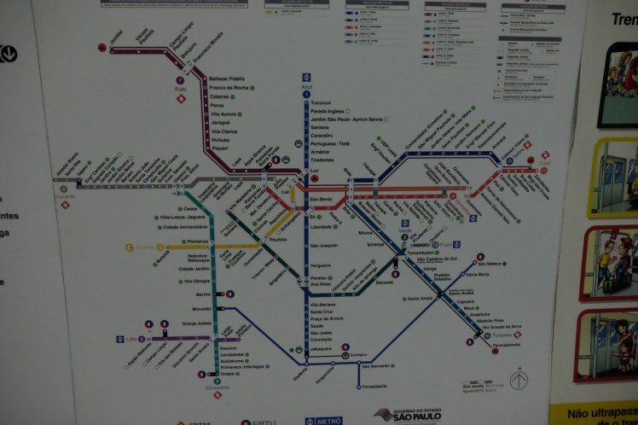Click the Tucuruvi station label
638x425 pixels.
click(x=321, y=102)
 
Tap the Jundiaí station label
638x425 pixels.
click(x=116, y=35)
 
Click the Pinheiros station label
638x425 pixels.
click(x=199, y=242)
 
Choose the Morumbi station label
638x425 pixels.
click(x=201, y=308)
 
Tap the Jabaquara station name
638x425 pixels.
click(x=320, y=348)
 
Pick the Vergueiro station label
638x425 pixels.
click(x=321, y=265)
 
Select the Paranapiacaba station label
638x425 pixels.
click(x=506, y=346)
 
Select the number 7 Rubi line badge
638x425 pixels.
click(x=180, y=81)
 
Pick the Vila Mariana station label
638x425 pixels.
click(x=323, y=305)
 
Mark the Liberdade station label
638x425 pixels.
click(x=322, y=227)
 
